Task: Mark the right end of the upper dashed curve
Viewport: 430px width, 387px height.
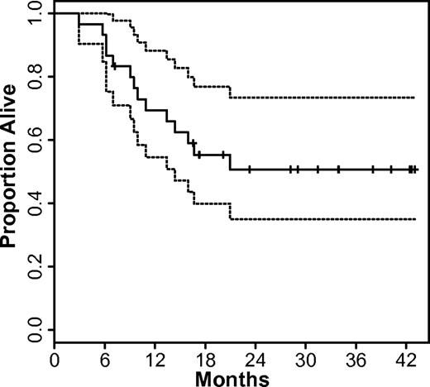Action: coord(413,98)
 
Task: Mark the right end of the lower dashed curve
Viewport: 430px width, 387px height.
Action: coord(413,219)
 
